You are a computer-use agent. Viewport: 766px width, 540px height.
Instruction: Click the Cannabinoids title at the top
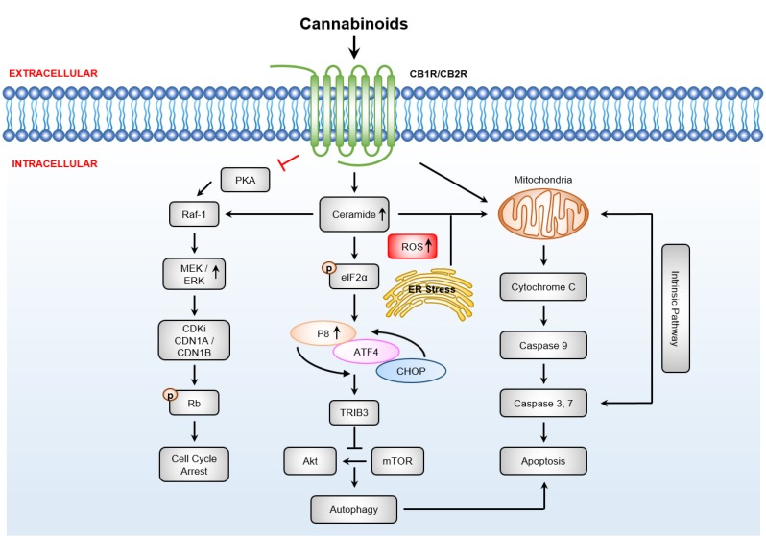[x=354, y=22]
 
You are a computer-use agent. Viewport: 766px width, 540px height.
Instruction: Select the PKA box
[x=246, y=179]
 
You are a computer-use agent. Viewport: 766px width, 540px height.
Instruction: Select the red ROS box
[x=412, y=247]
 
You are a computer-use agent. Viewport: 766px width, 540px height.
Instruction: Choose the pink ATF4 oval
[x=367, y=353]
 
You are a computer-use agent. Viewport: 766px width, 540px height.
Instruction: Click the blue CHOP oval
[x=411, y=370]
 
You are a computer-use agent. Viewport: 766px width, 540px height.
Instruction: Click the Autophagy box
[x=354, y=508]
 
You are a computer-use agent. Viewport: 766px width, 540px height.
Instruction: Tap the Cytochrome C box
[x=544, y=286]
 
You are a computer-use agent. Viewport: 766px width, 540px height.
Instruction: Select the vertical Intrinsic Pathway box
[x=676, y=308]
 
